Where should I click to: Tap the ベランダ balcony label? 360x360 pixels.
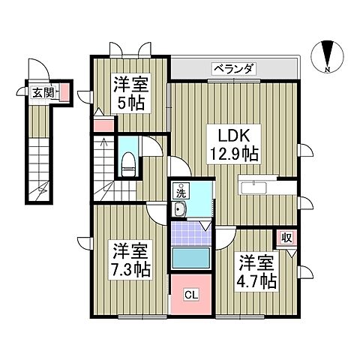click(x=234, y=69)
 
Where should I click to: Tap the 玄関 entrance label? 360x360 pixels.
click(x=42, y=93)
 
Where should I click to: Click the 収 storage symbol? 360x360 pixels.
click(x=286, y=239)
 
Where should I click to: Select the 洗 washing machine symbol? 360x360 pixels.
click(x=181, y=192)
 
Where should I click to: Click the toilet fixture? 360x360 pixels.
click(x=127, y=163)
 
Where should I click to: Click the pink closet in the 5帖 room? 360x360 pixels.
click(x=101, y=125)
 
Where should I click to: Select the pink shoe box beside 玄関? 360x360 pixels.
click(x=64, y=93)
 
